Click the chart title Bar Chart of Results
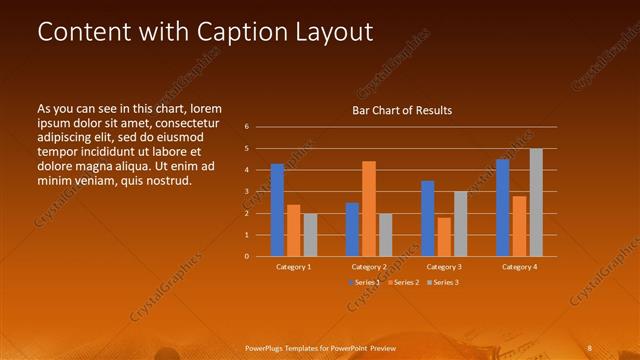click(401, 110)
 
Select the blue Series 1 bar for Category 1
click(277, 210)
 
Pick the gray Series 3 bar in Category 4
click(536, 202)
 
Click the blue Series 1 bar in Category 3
click(428, 218)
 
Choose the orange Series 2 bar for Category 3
click(444, 236)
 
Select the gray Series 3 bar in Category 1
click(310, 234)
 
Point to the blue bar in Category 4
click(503, 207)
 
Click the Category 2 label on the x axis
click(369, 267)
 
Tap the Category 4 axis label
click(519, 267)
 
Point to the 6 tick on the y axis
click(247, 127)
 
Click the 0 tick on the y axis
click(247, 256)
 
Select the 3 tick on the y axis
click(247, 192)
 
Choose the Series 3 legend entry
click(446, 283)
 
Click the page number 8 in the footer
click(589, 347)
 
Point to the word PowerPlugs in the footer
click(269, 347)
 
